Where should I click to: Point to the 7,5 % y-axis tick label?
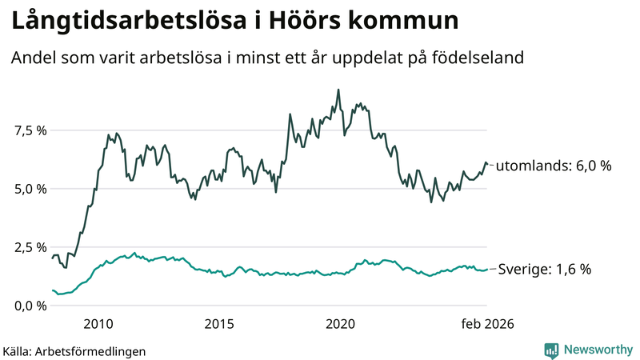[29, 130]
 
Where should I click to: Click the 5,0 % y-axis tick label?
[29, 189]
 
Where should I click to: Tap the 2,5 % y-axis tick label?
[29, 247]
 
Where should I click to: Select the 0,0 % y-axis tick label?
[29, 306]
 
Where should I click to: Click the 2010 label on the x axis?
[98, 324]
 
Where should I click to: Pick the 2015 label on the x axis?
[219, 324]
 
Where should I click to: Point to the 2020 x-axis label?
[341, 324]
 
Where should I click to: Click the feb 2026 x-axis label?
[486, 324]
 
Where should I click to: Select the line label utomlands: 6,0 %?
[554, 166]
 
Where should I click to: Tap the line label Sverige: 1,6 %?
[545, 270]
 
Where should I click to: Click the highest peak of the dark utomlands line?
[338, 90]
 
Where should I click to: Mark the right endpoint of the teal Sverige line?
[486, 270]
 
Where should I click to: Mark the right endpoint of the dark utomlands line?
[486, 165]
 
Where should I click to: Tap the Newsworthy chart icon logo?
[551, 350]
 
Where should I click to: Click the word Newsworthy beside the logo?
[597, 350]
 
